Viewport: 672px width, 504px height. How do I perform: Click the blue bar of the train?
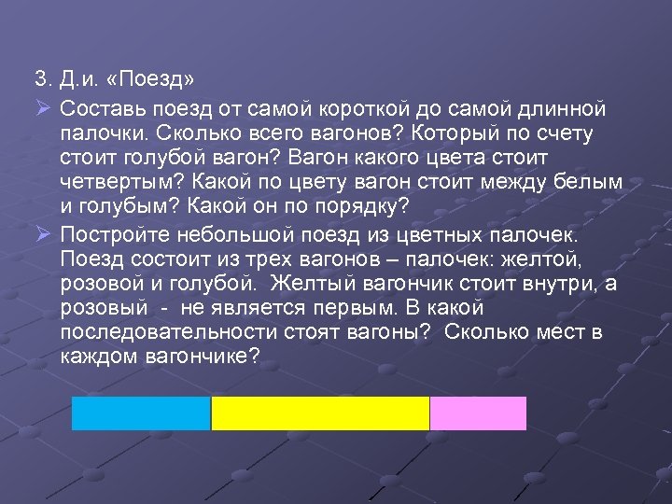coord(141,413)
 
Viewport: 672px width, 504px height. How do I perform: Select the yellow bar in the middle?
coord(320,413)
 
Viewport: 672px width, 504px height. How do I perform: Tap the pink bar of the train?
coord(478,413)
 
